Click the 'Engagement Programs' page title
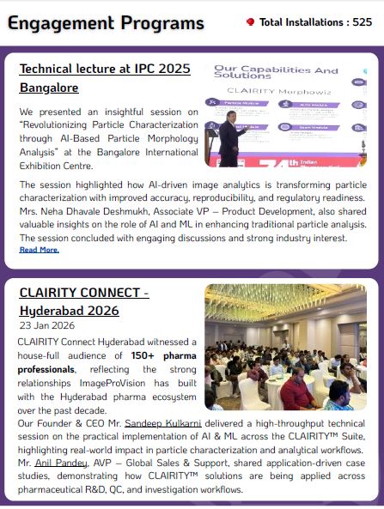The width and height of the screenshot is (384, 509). pyautogui.click(x=106, y=22)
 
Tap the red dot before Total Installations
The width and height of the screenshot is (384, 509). pyautogui.click(x=250, y=22)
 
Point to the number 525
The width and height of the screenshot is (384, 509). pyautogui.click(x=362, y=22)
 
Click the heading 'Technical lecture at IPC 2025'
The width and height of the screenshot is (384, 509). pyautogui.click(x=105, y=69)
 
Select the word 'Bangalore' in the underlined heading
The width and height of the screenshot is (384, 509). pyautogui.click(x=48, y=88)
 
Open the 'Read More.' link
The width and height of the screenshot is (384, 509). pyautogui.click(x=39, y=250)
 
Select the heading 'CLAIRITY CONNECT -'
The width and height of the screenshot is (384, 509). pyautogui.click(x=84, y=293)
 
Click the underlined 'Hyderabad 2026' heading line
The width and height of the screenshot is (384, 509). pyautogui.click(x=69, y=310)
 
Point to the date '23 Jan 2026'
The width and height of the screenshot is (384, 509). pyautogui.click(x=46, y=326)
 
